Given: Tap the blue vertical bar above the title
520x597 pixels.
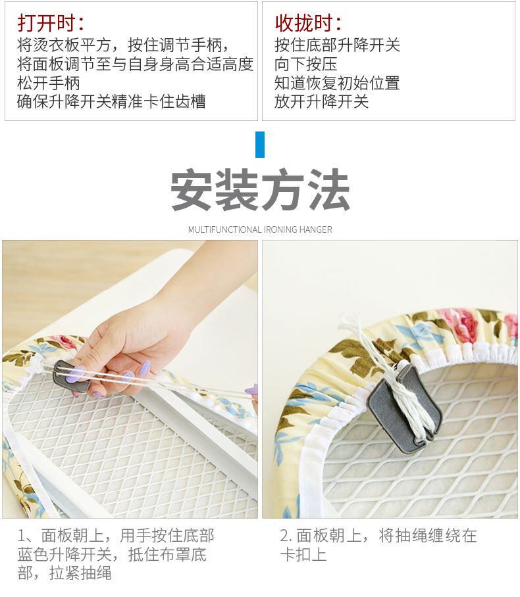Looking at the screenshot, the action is (260, 144).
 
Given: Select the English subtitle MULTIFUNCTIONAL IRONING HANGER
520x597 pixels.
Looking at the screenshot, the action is (260, 229).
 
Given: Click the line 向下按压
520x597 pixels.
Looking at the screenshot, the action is (306, 64).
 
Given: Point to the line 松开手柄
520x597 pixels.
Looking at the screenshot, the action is (49, 83).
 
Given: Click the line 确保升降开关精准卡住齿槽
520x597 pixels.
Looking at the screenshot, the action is (111, 101).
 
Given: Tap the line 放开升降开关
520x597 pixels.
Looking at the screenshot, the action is (321, 101).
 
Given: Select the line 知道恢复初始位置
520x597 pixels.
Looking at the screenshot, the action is (337, 83).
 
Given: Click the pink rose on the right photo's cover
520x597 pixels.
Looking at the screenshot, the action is (462, 323).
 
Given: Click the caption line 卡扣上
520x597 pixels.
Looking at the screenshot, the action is (303, 554).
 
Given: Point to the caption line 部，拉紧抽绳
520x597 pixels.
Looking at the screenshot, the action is (65, 573).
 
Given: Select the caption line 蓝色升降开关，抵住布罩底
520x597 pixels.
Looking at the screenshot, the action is (112, 554).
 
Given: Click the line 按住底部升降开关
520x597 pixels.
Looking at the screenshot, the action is (337, 45).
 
